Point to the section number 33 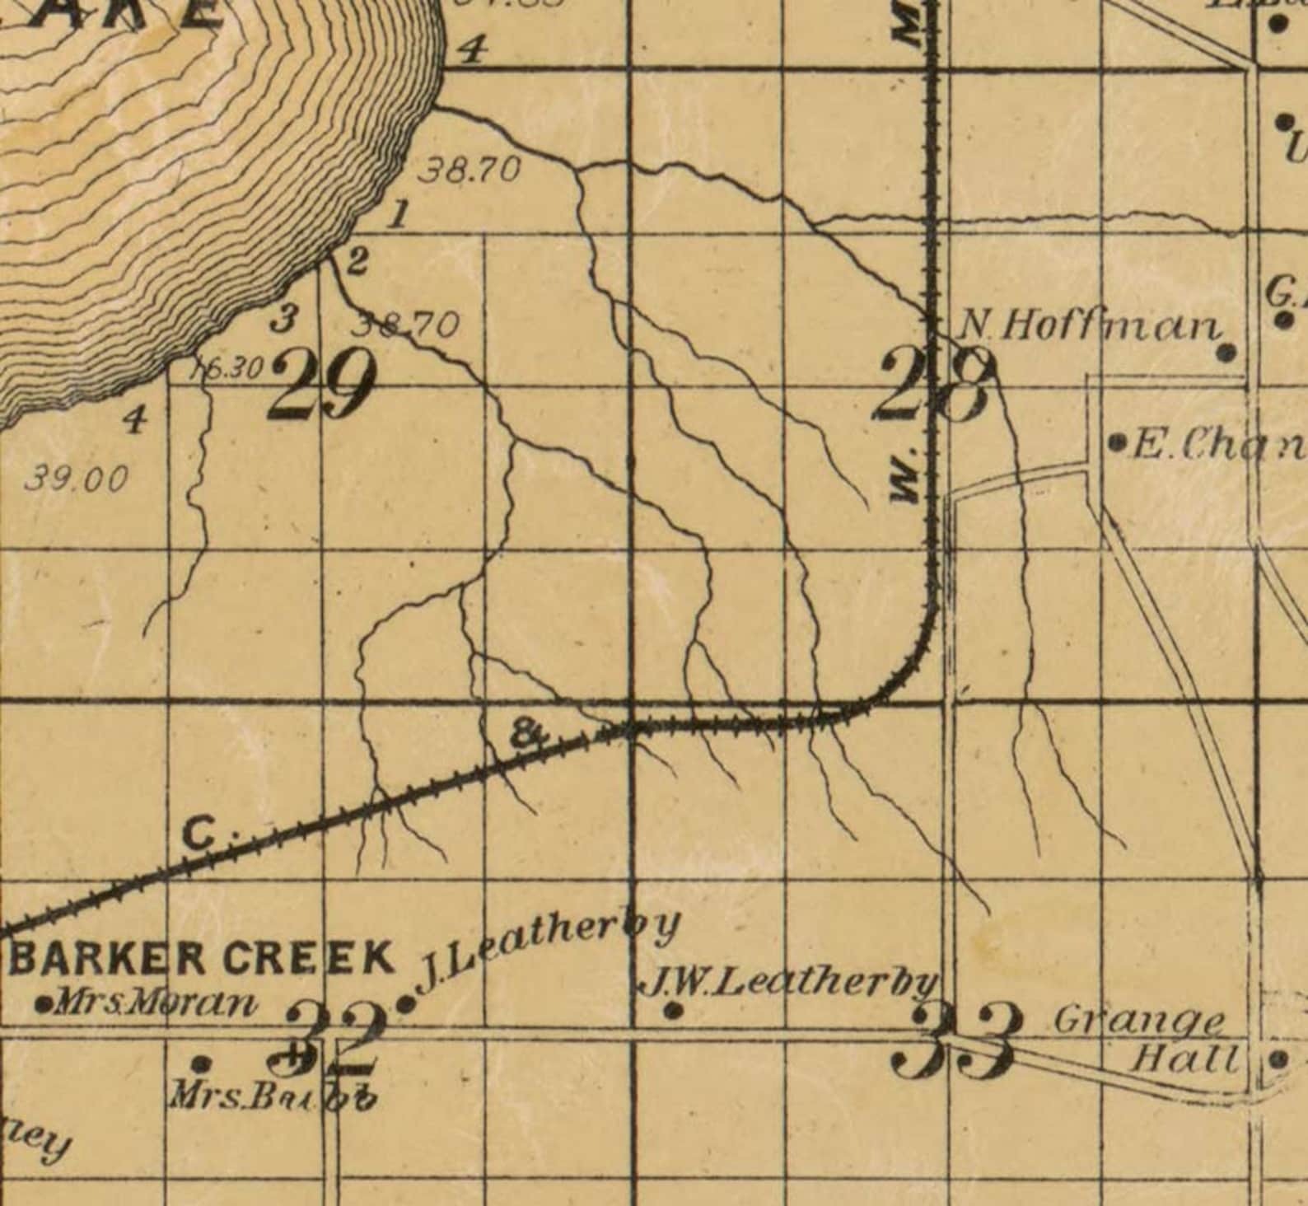click(956, 1040)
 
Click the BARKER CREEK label click(203, 957)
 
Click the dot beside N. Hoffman click(1226, 353)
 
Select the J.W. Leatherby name click(789, 982)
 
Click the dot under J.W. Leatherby click(673, 1010)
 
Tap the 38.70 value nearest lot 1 click(471, 171)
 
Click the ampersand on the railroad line click(527, 732)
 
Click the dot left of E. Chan click(1117, 444)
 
